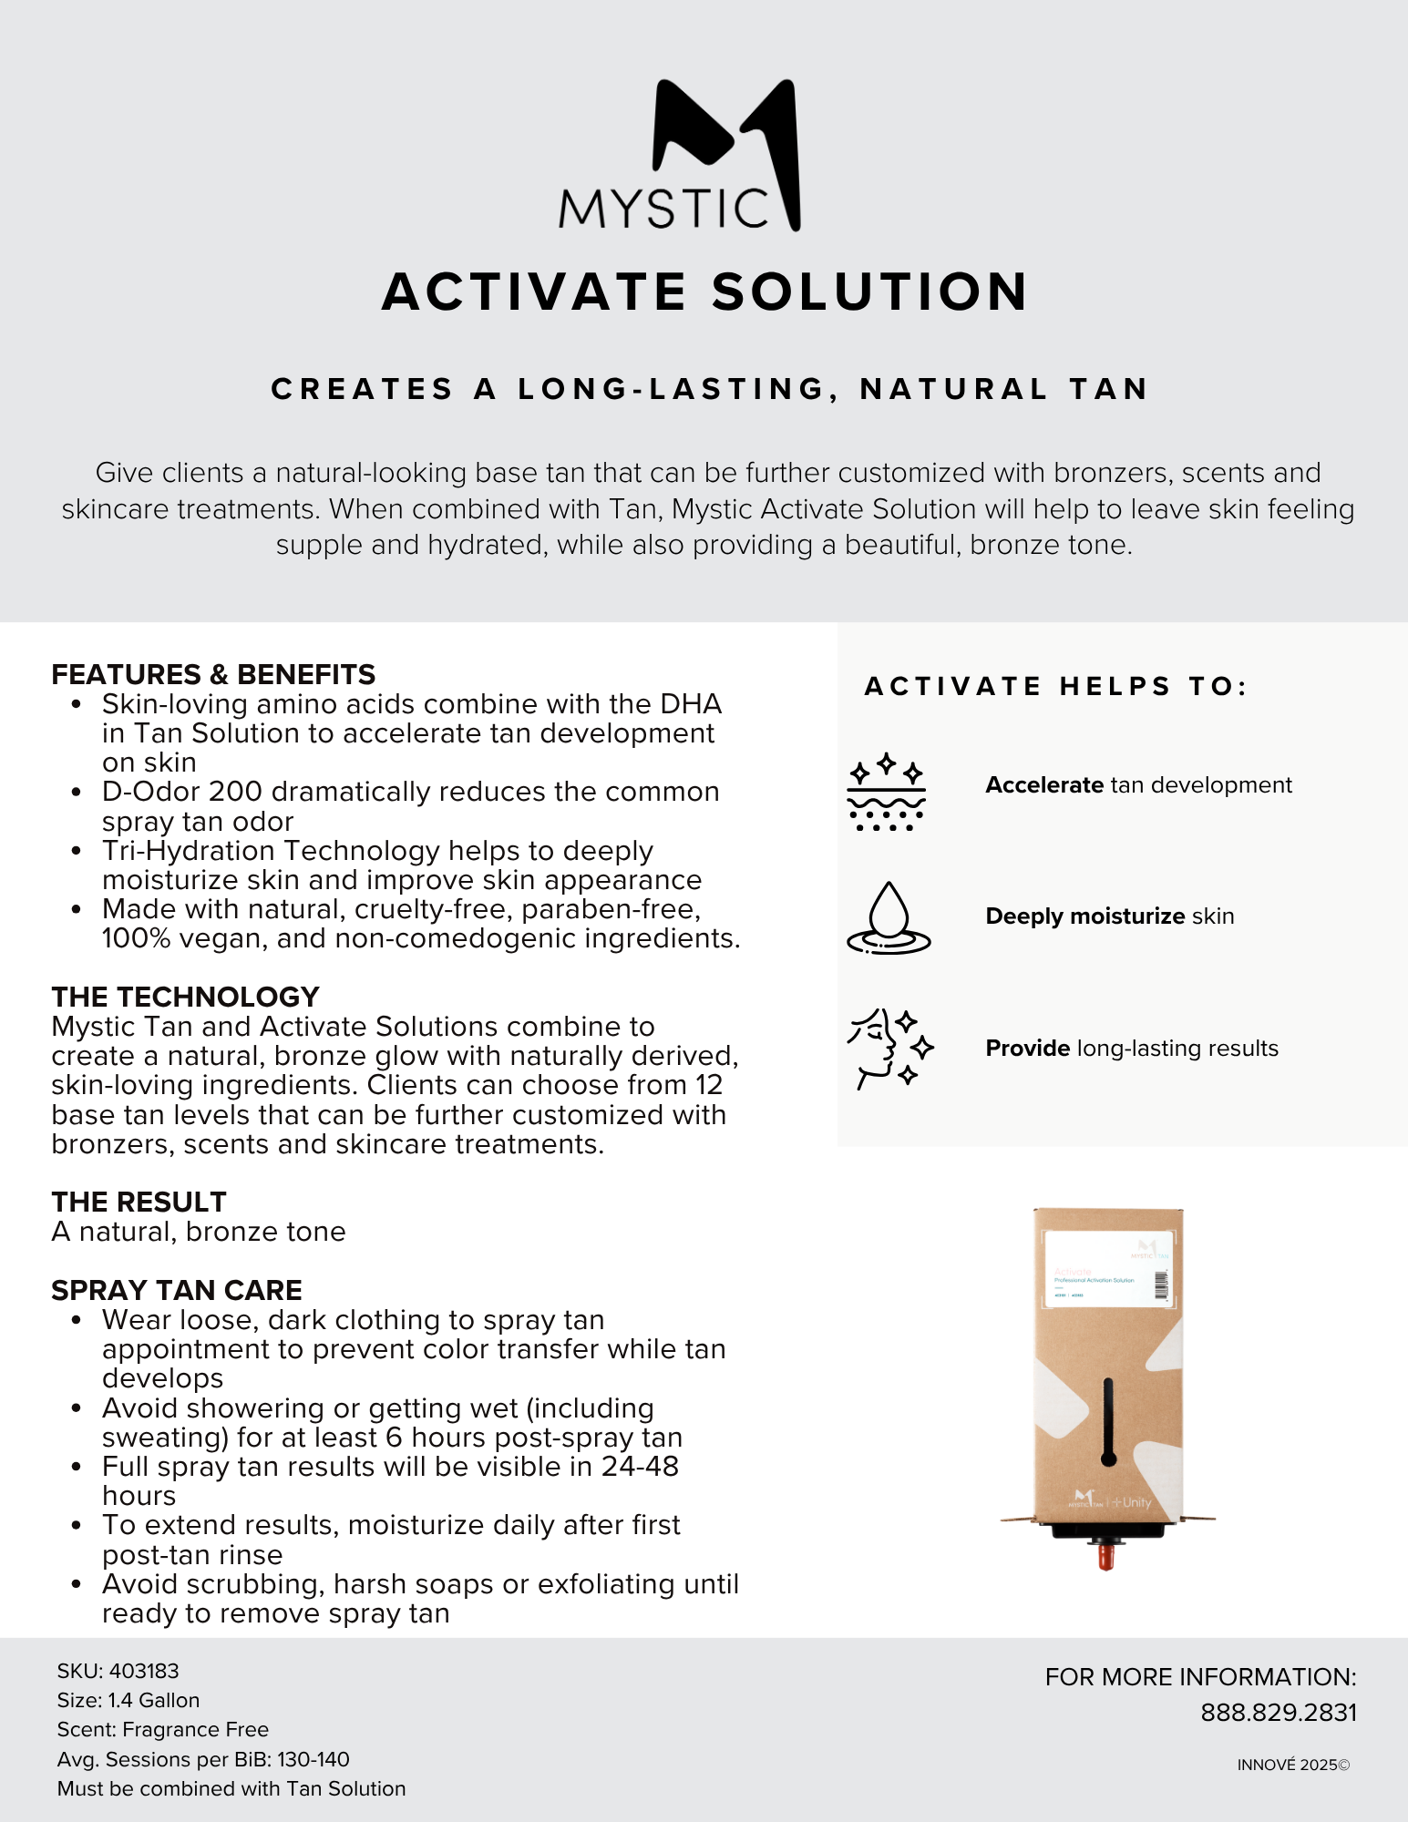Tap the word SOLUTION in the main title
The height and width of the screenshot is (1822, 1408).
(870, 292)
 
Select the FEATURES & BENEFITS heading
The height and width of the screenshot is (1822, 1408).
(213, 674)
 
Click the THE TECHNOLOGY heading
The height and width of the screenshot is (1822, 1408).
(185, 997)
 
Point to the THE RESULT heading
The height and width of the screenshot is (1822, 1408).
(139, 1202)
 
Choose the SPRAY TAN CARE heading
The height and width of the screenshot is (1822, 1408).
(177, 1290)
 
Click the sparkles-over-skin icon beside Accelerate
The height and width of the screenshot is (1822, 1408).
(886, 792)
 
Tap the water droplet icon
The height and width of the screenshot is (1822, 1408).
(889, 917)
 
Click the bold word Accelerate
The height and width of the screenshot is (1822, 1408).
(1044, 785)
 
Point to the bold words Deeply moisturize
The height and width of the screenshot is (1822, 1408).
(1084, 916)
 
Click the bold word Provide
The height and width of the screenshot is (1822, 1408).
(1027, 1049)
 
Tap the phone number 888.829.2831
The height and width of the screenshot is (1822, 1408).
(1279, 1713)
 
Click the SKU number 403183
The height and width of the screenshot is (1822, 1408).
(144, 1671)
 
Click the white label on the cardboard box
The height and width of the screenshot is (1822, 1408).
(1107, 1268)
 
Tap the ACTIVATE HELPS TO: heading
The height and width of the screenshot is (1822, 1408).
(1055, 686)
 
